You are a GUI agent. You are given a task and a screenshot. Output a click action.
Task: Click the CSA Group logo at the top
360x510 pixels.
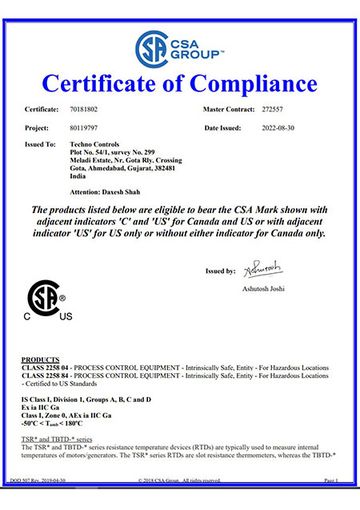point(179,46)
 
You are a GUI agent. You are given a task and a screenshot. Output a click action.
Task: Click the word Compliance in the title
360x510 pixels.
point(251,83)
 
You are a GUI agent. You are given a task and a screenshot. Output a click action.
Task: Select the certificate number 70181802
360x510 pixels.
point(86,107)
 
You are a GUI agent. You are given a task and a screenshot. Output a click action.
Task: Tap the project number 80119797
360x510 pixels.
point(86,127)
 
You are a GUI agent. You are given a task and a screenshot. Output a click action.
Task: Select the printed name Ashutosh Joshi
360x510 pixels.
point(264,288)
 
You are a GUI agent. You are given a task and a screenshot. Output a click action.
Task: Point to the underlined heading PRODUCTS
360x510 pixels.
point(41,359)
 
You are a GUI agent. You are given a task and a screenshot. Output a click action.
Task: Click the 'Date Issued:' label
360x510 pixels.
point(225,127)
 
